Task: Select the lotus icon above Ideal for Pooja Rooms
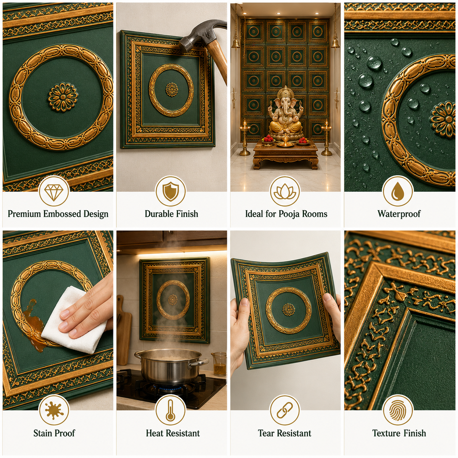[x=285, y=192]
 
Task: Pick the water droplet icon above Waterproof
[x=398, y=191]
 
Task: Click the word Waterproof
[x=399, y=214]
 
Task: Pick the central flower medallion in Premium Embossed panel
[x=63, y=97]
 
